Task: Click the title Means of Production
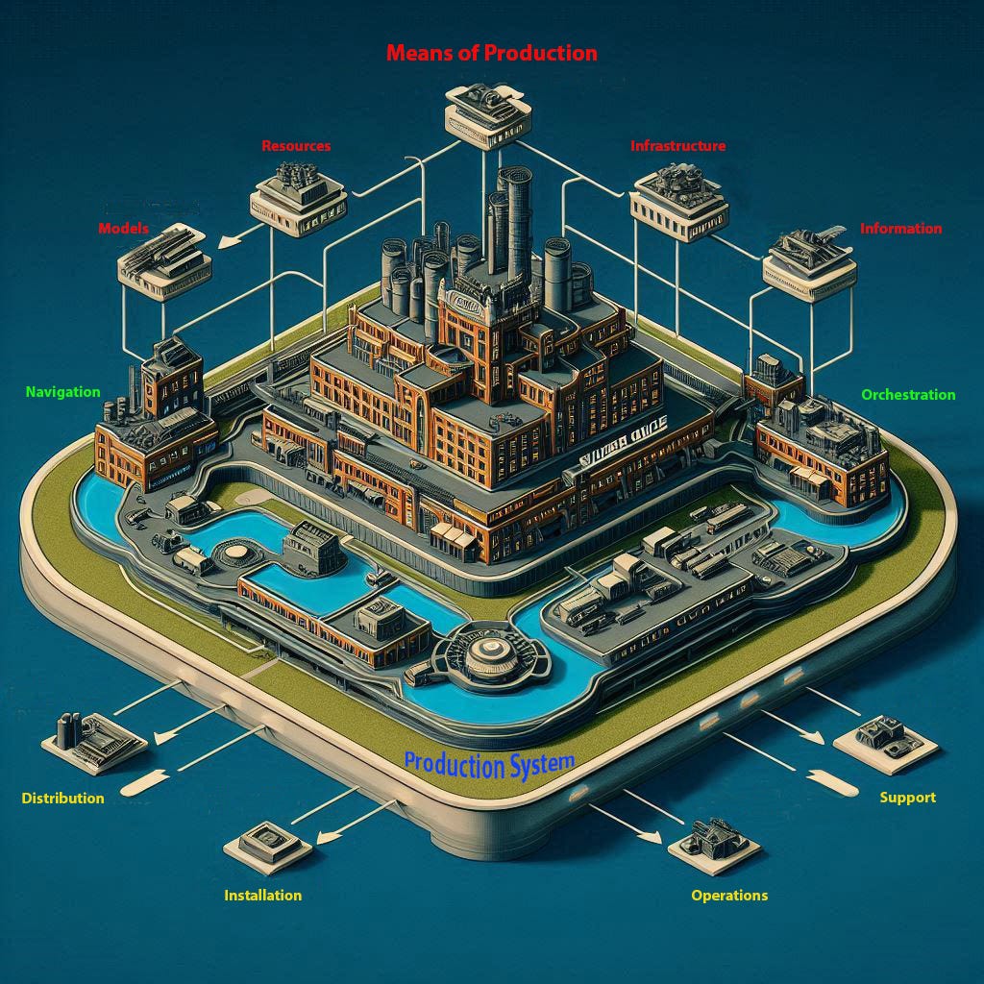coord(491,53)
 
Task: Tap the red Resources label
coord(296,146)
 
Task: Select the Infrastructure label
coord(677,146)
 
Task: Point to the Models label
coord(123,229)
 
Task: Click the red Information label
coord(900,229)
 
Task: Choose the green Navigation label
coord(62,392)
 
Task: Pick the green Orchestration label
coord(908,395)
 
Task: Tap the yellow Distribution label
coord(62,798)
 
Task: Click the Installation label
coord(262,895)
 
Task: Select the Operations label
coord(729,895)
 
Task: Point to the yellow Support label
coord(907,798)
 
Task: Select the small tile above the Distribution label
coord(94,743)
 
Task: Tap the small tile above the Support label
coord(883,741)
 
